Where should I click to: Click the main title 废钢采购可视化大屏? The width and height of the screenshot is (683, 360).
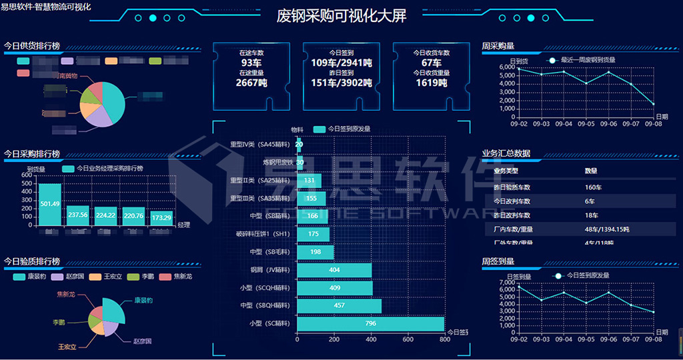pos(341,16)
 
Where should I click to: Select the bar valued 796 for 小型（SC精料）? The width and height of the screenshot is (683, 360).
pos(370,323)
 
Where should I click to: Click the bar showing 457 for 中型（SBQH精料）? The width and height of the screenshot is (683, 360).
pos(339,305)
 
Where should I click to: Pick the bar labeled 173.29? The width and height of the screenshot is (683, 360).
pos(161,217)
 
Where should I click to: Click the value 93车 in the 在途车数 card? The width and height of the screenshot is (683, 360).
pos(251,63)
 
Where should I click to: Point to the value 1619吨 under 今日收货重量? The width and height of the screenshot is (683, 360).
pos(432,83)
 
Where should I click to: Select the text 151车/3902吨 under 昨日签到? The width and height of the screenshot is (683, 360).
pos(341,83)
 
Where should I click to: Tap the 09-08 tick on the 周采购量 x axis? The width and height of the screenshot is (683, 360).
pos(653,124)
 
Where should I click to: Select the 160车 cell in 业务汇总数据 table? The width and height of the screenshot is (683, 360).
pos(594,187)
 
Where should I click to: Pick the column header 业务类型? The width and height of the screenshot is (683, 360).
pos(506,171)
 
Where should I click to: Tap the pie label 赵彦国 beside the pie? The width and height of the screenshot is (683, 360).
pos(142,341)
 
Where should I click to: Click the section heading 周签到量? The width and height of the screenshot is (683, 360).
pos(498,261)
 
